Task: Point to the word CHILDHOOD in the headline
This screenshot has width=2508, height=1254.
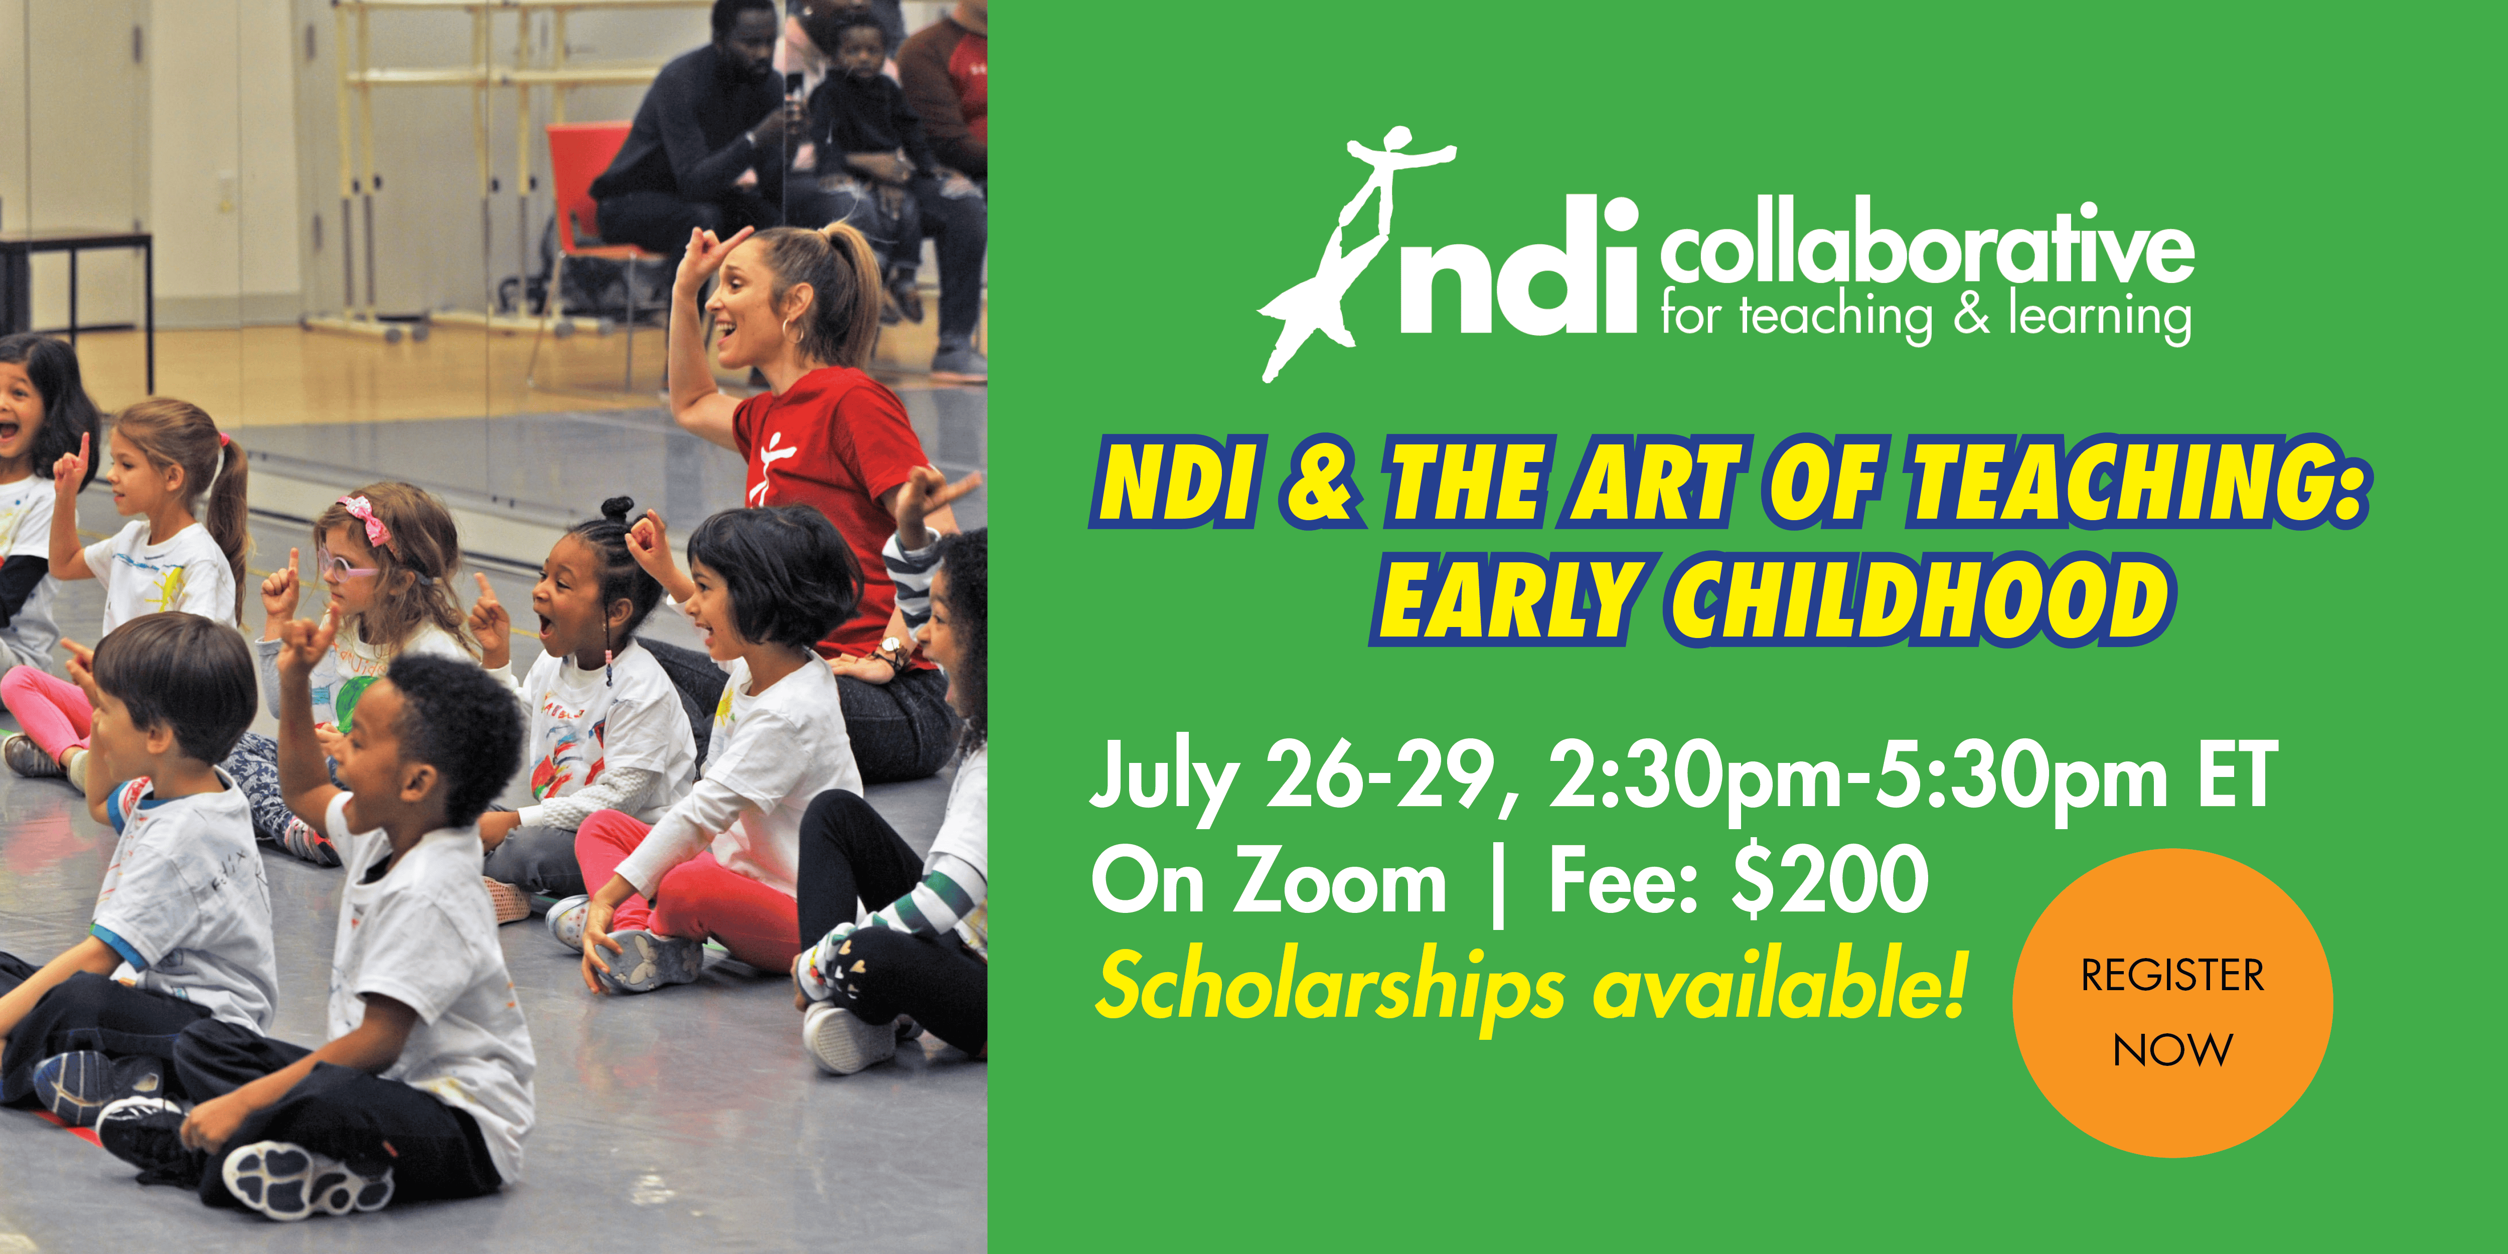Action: (x=1918, y=599)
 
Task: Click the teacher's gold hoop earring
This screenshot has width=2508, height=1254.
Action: (x=794, y=329)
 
